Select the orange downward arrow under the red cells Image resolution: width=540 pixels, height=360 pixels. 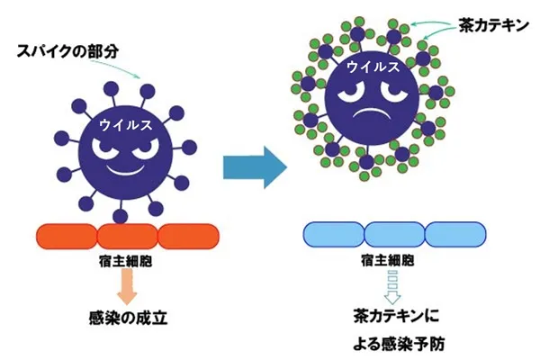click(127, 285)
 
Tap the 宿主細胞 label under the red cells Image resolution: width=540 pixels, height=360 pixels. click(127, 261)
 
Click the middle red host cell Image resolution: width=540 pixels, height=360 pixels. click(127, 237)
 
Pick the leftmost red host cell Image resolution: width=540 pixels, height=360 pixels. click(66, 237)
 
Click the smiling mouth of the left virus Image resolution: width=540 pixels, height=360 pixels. click(127, 167)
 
